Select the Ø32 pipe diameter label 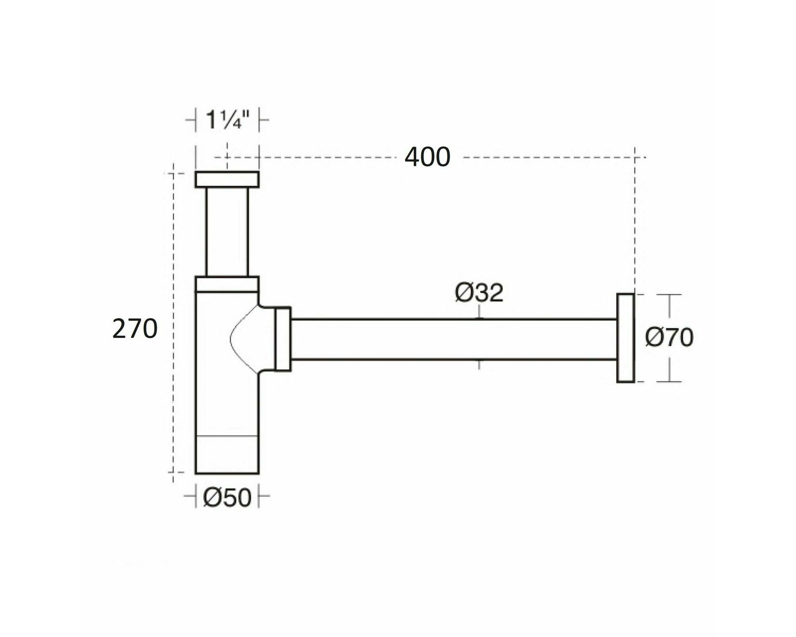click(x=479, y=293)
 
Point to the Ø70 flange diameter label click(x=669, y=337)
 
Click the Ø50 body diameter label click(x=227, y=497)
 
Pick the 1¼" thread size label click(x=227, y=120)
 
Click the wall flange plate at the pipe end click(x=625, y=338)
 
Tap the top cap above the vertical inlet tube click(x=227, y=179)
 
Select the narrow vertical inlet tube click(x=227, y=232)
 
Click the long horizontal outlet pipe click(x=454, y=339)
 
